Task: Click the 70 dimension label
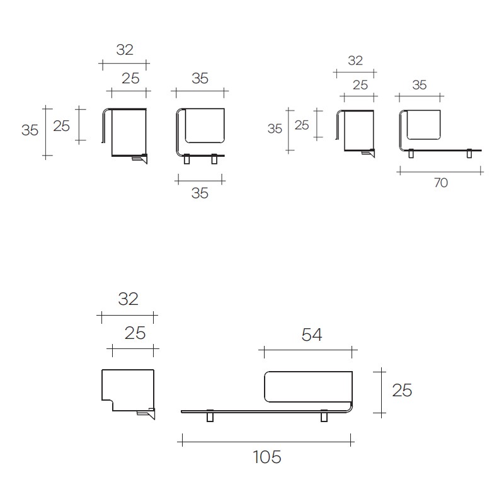[x=440, y=183]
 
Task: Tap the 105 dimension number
[x=266, y=457]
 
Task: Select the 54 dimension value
[x=311, y=335]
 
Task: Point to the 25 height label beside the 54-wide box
[x=402, y=390]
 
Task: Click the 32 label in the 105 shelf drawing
[x=128, y=299]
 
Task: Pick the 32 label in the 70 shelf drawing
[x=355, y=60]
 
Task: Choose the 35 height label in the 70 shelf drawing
[x=275, y=129]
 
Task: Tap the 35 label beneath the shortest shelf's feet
[x=200, y=193]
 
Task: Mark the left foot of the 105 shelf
[x=210, y=416]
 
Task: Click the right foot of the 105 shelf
[x=324, y=416]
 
